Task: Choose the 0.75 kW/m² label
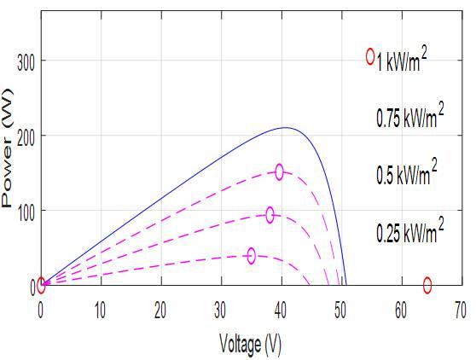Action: click(x=409, y=118)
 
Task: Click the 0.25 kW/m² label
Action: click(x=409, y=230)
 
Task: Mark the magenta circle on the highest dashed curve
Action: click(x=279, y=171)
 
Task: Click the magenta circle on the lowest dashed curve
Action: click(x=251, y=255)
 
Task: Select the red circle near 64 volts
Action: click(x=427, y=285)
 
